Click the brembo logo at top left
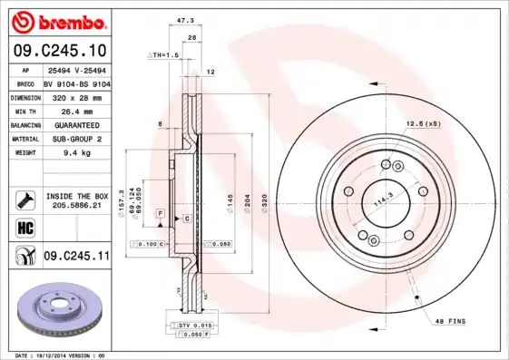click(x=56, y=21)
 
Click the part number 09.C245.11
click(x=76, y=257)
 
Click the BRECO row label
click(x=25, y=83)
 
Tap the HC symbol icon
click(x=24, y=227)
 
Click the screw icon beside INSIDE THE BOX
click(x=24, y=199)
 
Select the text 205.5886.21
click(x=76, y=206)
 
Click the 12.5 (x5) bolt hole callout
click(x=422, y=123)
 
